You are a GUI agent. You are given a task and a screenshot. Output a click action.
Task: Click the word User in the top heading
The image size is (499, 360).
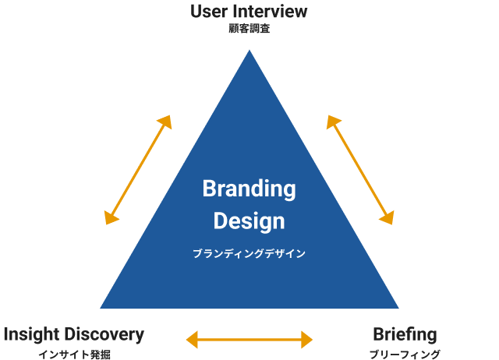coord(209,12)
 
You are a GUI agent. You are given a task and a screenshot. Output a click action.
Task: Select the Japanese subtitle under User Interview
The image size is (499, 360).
coord(249,30)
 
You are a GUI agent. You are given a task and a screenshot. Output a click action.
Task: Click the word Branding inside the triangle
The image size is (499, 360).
coord(249,189)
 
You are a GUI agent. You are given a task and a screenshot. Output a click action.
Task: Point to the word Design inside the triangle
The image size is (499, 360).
coord(249,221)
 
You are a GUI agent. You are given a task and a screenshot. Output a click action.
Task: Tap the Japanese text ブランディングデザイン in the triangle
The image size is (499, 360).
coord(249,253)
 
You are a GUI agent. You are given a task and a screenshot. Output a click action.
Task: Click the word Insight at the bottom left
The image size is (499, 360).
coord(31,335)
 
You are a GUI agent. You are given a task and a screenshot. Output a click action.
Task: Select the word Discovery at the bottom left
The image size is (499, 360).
coord(104,335)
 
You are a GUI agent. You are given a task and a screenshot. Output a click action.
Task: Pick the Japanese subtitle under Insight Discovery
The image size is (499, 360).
coord(74,354)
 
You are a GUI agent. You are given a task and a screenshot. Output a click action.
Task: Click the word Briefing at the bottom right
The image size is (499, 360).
coord(404,335)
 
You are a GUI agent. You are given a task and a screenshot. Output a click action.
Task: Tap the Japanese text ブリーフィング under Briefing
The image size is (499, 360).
coord(404,354)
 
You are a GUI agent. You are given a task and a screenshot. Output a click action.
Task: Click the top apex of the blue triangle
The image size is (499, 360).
coord(249,51)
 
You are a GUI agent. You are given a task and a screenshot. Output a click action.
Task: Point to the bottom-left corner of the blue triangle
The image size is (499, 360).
coord(101,308)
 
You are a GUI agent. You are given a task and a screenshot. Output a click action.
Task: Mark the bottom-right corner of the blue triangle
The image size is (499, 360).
coord(397,308)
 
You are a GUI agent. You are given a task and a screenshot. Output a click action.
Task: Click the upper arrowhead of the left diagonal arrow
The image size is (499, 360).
coord(165,121)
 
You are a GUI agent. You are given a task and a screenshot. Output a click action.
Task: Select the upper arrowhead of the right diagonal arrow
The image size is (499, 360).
coord(333,121)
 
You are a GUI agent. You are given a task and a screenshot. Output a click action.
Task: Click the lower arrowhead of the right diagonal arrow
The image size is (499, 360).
coord(388,217)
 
